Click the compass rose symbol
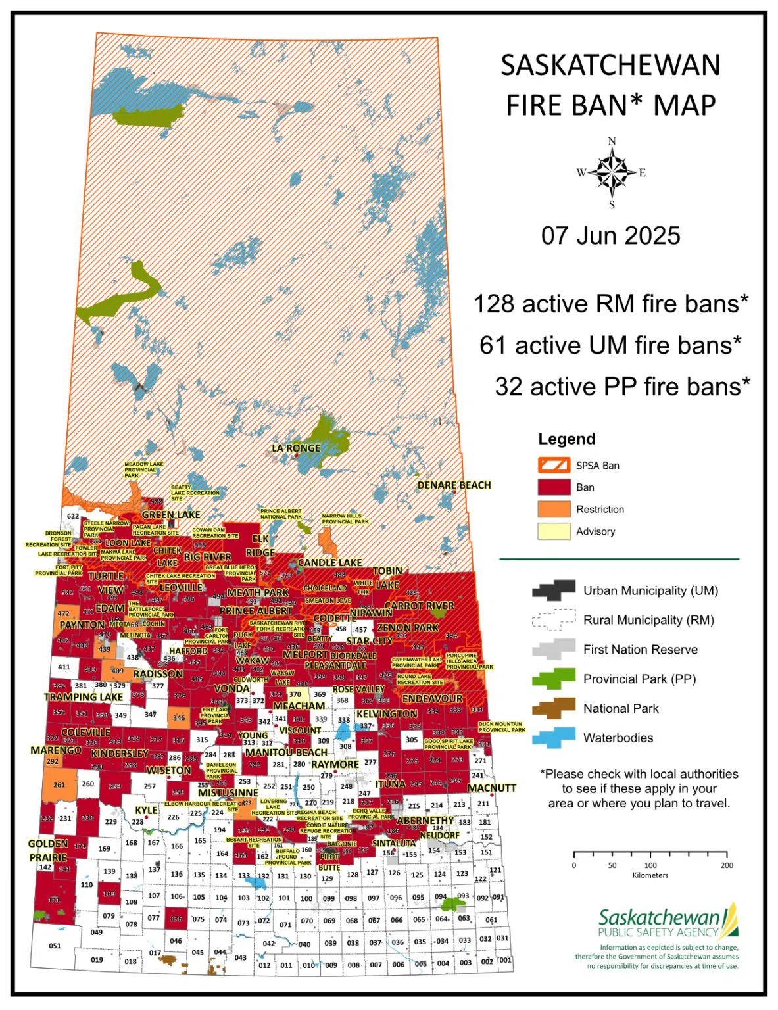coord(612,173)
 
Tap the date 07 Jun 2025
coord(610,235)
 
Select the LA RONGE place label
coord(296,448)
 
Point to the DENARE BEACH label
coord(454,485)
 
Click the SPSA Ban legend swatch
coord(554,466)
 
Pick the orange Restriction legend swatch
coord(554,509)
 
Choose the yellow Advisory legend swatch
coord(554,531)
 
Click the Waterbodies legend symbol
coord(554,738)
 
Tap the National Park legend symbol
coord(554,708)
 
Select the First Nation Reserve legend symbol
coord(554,650)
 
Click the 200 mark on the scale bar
coord(726,865)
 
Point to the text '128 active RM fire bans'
coord(610,304)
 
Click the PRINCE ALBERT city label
coord(256,611)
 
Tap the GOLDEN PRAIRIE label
coord(48,850)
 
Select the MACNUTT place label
coord(491,788)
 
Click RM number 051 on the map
coord(55,946)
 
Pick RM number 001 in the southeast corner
coord(504,960)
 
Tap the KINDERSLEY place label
coord(119,754)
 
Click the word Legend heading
coord(566,439)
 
